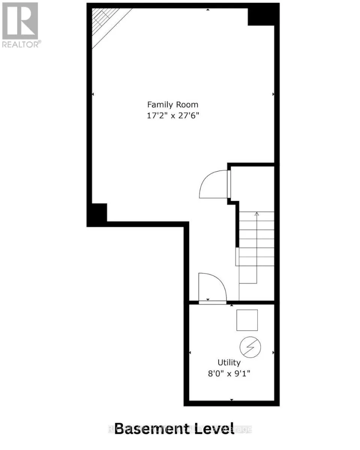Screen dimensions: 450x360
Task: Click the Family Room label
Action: tap(172, 105)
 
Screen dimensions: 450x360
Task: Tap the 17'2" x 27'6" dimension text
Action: tap(172, 116)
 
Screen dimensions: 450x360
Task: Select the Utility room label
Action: tap(229, 363)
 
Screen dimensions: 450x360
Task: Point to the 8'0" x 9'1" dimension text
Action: tap(229, 373)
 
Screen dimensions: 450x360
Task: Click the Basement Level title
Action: tap(174, 428)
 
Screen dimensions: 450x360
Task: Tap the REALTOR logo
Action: tap(20, 25)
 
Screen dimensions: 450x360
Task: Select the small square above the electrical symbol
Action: tap(247, 320)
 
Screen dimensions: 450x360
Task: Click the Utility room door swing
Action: tap(212, 287)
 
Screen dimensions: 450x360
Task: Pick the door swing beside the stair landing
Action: tap(214, 184)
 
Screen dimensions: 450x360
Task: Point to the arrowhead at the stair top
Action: tap(257, 214)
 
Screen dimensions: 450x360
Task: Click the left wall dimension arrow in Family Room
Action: tap(93, 94)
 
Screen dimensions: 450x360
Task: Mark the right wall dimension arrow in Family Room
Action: tap(273, 94)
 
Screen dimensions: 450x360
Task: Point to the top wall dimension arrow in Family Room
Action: tap(208, 9)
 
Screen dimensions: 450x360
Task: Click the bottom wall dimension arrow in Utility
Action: tap(232, 400)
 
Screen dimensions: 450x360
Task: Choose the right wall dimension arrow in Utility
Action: tap(273, 352)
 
